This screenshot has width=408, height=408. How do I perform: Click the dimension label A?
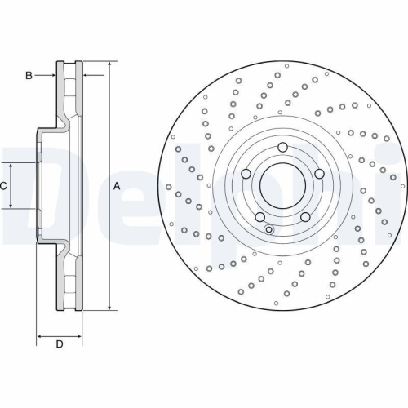(116, 186)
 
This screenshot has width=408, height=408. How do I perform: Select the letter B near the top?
(29, 76)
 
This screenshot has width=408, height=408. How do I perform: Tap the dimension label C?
(5, 186)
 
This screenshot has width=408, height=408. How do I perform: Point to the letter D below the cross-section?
(59, 344)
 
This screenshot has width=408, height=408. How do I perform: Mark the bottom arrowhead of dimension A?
(108, 308)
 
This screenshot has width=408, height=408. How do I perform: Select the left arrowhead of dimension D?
(40, 335)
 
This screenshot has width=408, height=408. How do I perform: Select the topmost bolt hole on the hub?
(282, 148)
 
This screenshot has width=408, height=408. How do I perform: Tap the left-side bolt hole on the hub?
(246, 174)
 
